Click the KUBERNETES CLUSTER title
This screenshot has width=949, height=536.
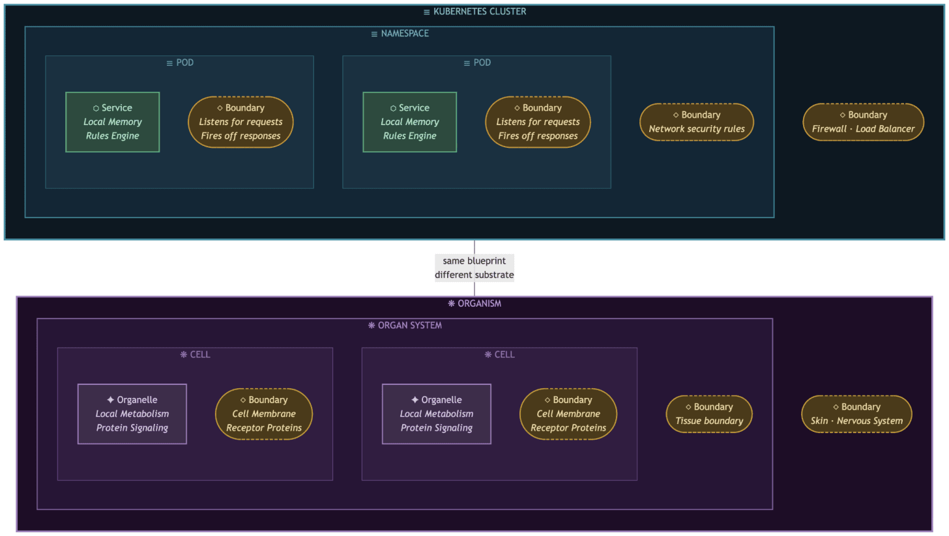coord(474,12)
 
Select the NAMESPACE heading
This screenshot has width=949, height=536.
coord(400,33)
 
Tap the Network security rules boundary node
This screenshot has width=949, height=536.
coord(697,122)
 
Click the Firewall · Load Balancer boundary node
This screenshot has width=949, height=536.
coord(863,122)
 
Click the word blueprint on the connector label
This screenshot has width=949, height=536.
coord(486,261)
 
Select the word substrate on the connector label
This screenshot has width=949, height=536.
coord(494,275)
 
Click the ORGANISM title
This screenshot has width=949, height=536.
coord(474,303)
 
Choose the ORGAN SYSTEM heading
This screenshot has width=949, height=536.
coord(405,325)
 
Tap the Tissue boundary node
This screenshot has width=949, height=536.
coord(709,414)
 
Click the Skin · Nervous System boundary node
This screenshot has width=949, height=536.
coord(856,414)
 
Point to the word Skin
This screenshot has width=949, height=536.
coord(819,421)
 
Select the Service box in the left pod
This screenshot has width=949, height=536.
coord(113,122)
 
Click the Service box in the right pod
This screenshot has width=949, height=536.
coord(410,122)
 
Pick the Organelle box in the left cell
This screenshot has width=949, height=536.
coord(132,414)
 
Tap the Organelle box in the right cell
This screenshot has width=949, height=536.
coord(437,414)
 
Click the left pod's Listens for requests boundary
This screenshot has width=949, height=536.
coord(241,122)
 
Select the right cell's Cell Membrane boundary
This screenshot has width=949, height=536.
coord(568,414)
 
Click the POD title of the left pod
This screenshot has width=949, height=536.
coord(180,63)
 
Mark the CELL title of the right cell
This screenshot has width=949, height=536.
coord(499,355)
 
